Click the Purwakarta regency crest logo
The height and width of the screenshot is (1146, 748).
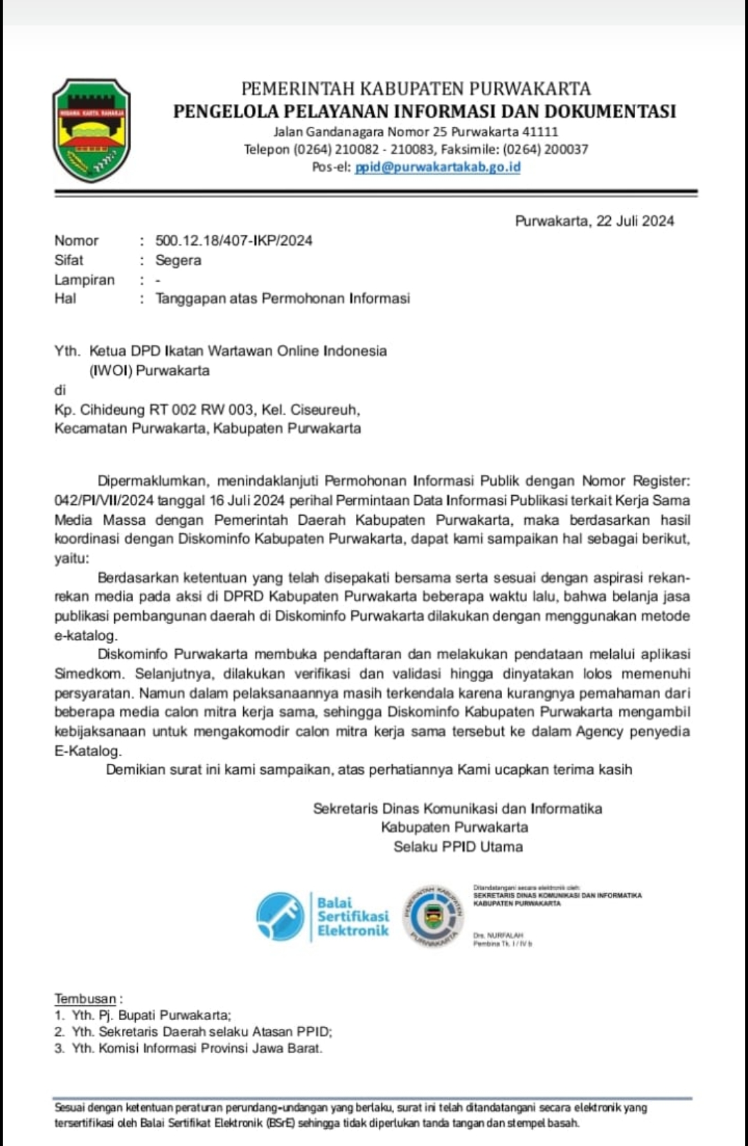click(x=91, y=130)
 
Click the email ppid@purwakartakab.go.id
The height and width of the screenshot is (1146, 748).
click(x=437, y=167)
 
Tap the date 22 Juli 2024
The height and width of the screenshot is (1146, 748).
click(x=635, y=221)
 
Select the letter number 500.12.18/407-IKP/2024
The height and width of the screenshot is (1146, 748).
click(x=233, y=241)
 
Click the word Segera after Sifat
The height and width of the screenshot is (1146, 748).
click(x=178, y=260)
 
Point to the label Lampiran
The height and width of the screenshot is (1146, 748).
click(x=84, y=280)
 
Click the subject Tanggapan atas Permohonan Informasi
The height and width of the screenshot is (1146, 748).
click(x=283, y=298)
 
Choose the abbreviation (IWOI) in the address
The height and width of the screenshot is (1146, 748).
click(x=111, y=370)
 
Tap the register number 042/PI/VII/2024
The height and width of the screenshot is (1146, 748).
click(x=104, y=501)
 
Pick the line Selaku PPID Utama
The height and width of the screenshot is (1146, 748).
click(x=458, y=846)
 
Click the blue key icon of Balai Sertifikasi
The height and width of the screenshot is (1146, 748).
click(x=280, y=915)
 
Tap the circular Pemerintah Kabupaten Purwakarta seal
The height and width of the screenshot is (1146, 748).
click(x=434, y=916)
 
